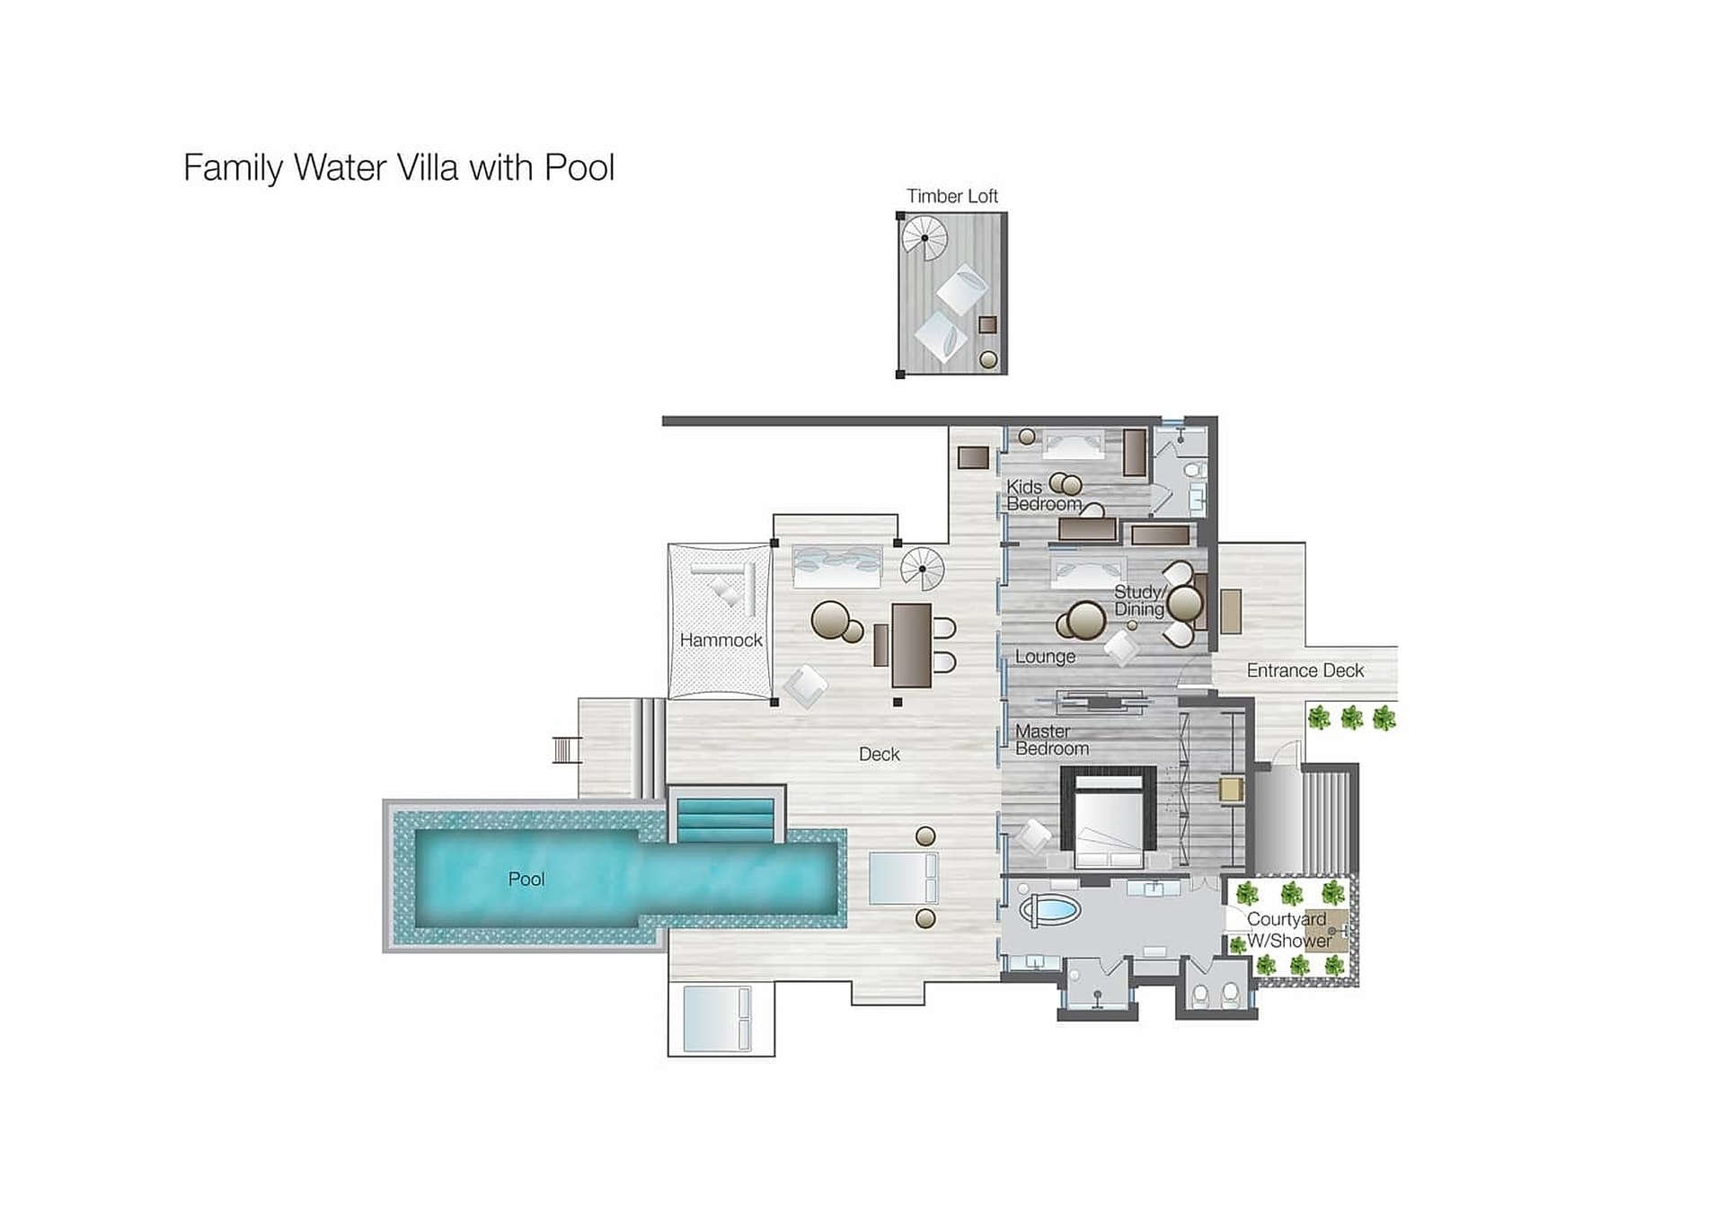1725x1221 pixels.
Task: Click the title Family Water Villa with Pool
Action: pos(399,168)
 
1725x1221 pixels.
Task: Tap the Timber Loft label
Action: pos(951,196)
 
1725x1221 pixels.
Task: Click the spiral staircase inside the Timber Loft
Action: pos(924,238)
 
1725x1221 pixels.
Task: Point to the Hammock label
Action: pos(721,640)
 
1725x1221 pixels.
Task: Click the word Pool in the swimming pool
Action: pos(526,879)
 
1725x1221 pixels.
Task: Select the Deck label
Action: pos(879,754)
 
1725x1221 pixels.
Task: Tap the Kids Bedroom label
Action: pos(1043,495)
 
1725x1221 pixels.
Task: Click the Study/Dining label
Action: pos(1139,600)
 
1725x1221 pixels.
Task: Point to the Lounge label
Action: pos(1045,657)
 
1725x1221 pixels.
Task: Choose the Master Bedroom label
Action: pos(1052,739)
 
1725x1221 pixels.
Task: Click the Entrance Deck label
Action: pos(1305,670)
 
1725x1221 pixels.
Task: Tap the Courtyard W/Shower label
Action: pos(1288,930)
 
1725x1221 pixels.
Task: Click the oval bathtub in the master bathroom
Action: pos(1049,910)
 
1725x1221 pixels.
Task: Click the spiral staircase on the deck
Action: pos(923,569)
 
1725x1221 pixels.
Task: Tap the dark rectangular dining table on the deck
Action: pos(911,645)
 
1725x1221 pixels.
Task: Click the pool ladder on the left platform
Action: pos(566,749)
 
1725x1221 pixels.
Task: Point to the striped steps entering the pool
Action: pos(725,819)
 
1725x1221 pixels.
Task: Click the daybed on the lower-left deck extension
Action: pos(716,1019)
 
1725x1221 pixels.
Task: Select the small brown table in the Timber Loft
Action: pos(987,325)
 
